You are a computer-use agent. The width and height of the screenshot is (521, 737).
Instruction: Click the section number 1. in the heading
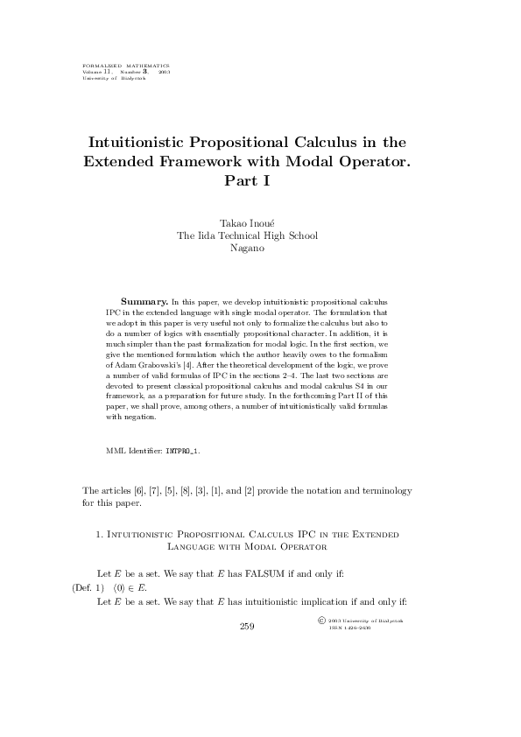point(98,532)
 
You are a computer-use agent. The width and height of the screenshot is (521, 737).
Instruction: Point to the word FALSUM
point(257,574)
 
